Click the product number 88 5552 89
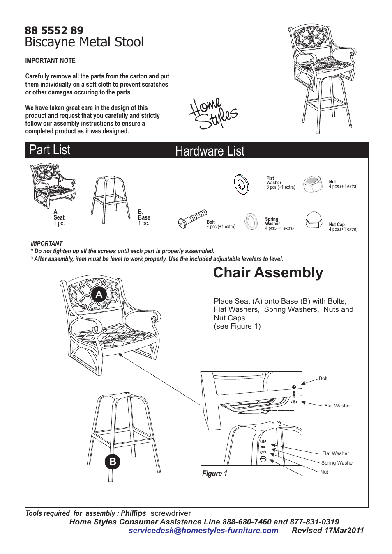pos(54,30)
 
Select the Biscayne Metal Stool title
pos(84,42)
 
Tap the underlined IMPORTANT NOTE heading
pos(50,61)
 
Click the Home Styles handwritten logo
pos(212,114)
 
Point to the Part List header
pos(50,150)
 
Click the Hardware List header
pos(210,151)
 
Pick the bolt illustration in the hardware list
pos(192,218)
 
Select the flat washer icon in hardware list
pos(242,184)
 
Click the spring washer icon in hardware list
pos(251,222)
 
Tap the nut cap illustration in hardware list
pos(314,220)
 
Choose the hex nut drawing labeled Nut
pos(313,184)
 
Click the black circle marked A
pos(99,294)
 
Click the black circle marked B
pos(113,462)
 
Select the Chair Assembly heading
pos(268,272)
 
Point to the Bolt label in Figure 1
pos(323,378)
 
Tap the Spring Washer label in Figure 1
pos(337,463)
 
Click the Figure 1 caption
pos(214,474)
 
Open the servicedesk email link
pos(203,531)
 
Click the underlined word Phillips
pos(134,513)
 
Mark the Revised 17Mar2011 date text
pos(327,531)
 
